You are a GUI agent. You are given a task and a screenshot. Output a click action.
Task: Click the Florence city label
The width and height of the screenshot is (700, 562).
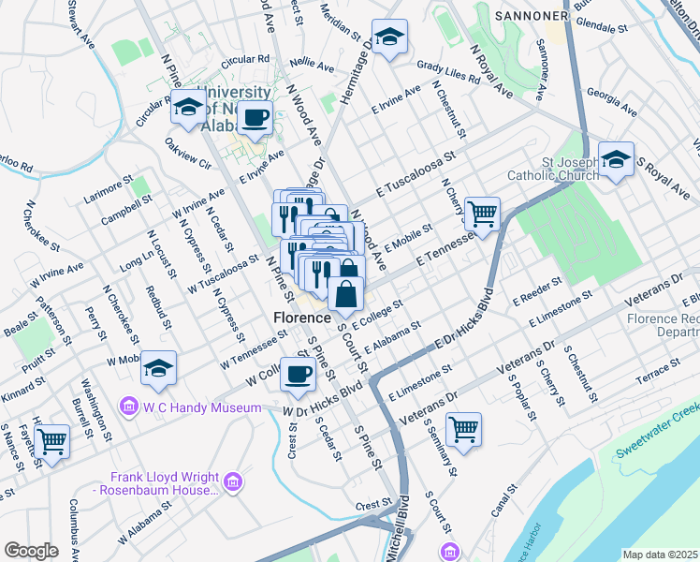302,318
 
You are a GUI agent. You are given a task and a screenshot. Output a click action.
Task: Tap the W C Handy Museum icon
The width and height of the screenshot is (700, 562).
128,407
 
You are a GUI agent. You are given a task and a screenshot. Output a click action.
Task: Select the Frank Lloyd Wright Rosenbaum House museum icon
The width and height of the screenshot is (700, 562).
232,482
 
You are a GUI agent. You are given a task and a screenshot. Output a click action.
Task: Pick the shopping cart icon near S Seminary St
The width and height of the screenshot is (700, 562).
463,429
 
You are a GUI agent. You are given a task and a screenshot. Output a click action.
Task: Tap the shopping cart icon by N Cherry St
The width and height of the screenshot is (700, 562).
482,214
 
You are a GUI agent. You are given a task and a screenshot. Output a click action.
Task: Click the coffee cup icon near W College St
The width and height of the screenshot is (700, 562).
299,374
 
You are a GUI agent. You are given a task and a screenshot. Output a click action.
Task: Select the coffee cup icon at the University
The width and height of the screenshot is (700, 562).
255,119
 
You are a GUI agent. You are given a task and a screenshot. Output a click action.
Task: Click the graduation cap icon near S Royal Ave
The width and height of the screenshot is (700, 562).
616,159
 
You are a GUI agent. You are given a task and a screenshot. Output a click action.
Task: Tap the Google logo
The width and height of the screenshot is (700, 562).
30,551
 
